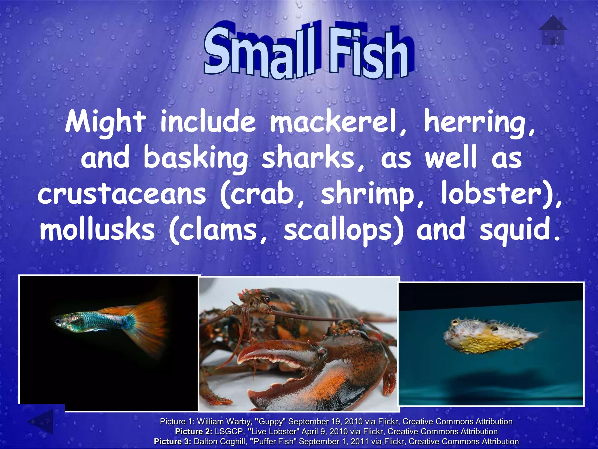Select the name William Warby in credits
tap(225, 422)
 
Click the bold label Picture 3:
tap(172, 441)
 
